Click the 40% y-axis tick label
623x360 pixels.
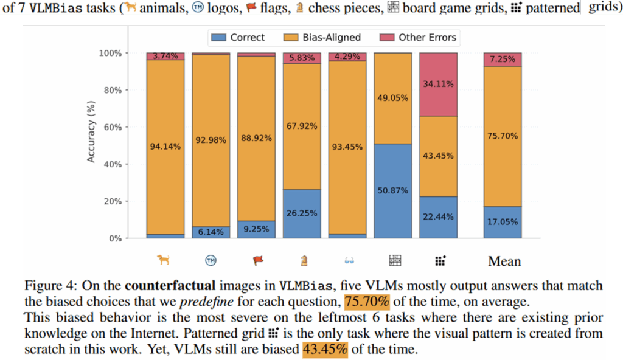tap(114, 164)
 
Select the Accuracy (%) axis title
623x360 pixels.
tap(92, 145)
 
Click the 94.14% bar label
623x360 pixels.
tap(165, 145)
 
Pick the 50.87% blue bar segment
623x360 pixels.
tap(393, 190)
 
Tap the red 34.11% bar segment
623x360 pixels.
tap(438, 85)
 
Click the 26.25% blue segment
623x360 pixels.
tap(302, 213)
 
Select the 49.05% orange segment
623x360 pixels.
tap(393, 97)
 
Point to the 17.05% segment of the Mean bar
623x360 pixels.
tap(503, 222)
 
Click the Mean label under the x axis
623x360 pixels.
tap(504, 261)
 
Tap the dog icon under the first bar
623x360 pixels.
tap(163, 260)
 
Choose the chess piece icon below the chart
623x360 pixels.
tap(303, 260)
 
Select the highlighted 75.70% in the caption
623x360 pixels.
tap(367, 301)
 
